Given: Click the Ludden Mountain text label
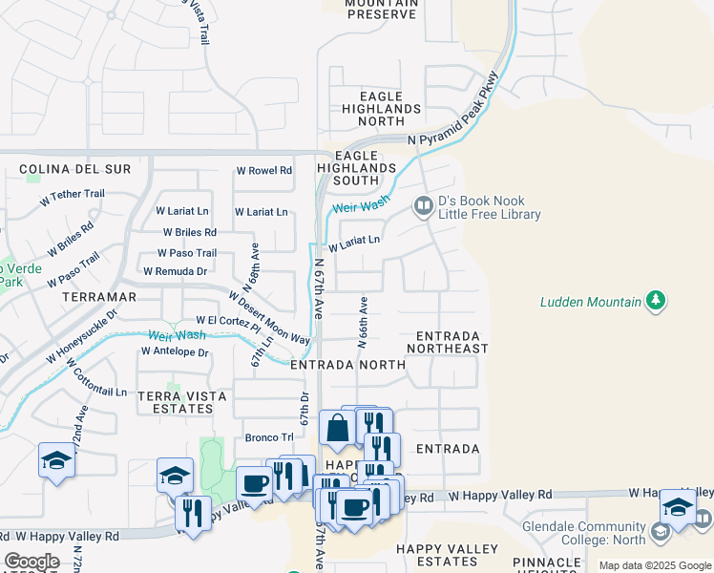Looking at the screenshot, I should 590,302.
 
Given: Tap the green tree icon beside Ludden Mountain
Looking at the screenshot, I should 655,302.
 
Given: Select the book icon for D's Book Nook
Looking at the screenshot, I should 423,205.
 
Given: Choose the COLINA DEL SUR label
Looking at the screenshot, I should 61,169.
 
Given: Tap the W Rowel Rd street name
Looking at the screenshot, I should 264,171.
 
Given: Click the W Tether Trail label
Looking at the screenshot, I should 72,195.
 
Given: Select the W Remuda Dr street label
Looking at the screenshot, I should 175,271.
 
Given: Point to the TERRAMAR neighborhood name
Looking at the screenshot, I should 98,297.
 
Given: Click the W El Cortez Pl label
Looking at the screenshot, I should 227,322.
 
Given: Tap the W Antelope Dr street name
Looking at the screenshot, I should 174,351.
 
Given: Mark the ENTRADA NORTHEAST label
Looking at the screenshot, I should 448,342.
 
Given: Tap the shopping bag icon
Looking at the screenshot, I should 337,428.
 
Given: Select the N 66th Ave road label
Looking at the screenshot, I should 364,321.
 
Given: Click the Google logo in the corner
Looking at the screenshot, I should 31,562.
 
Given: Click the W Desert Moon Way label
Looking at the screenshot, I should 270,318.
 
